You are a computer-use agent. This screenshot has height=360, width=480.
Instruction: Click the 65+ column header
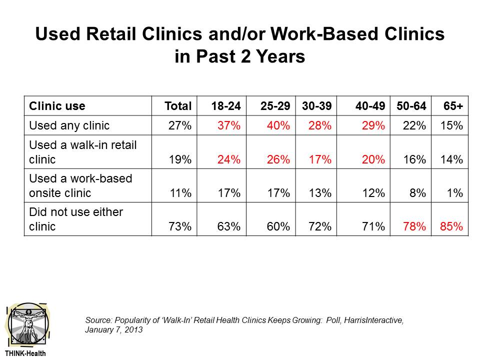453,106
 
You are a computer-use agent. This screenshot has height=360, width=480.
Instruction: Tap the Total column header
178,106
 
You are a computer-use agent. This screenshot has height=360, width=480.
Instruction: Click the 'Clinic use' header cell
57,106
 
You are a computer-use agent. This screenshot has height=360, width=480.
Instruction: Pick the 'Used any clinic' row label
69,125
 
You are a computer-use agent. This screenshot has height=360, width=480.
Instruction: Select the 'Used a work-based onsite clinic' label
80,185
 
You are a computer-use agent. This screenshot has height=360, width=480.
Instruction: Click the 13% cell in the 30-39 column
320,192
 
